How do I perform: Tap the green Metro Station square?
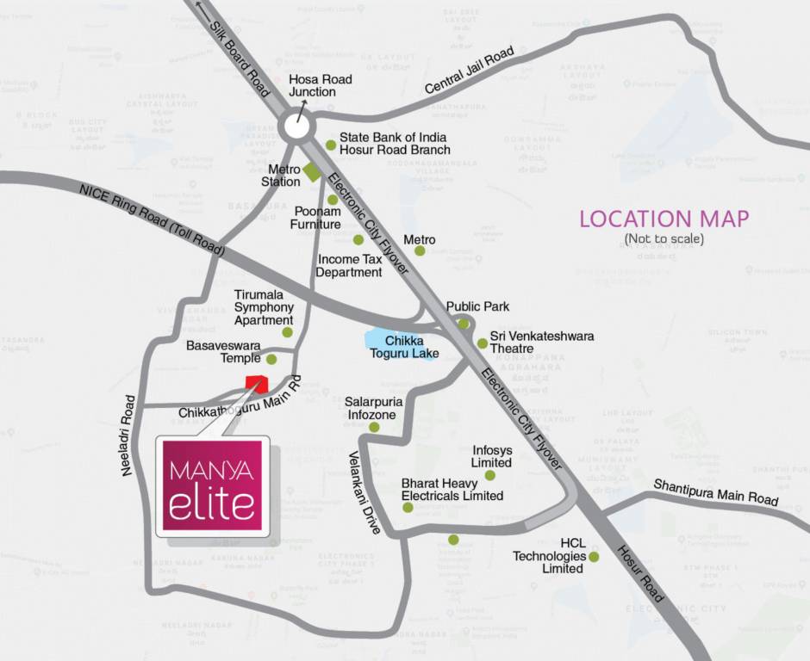click(312, 170)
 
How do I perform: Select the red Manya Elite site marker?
click(257, 385)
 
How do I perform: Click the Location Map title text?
click(664, 219)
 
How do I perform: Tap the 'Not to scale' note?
click(664, 238)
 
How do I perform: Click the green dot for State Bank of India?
click(331, 145)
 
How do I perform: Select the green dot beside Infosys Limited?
click(489, 475)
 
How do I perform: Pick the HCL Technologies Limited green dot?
click(593, 557)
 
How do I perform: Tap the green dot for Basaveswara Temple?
click(271, 359)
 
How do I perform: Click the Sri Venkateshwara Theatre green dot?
click(483, 343)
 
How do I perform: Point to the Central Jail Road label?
click(470, 71)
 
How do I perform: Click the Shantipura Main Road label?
click(715, 492)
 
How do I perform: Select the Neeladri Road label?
click(129, 436)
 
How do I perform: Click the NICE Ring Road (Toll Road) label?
click(152, 221)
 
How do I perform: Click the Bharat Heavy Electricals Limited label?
click(452, 489)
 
